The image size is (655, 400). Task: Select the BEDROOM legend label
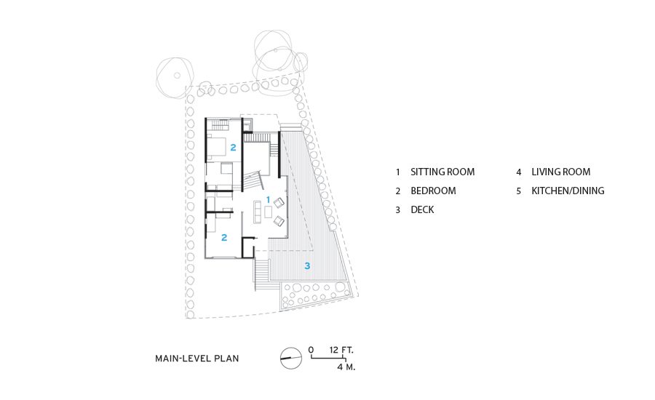[x=433, y=191]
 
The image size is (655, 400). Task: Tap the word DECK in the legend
[x=422, y=209]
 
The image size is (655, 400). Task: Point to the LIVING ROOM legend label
[x=560, y=172]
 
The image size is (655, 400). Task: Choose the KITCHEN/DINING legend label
[x=568, y=191]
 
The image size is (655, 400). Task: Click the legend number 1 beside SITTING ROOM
[x=397, y=172]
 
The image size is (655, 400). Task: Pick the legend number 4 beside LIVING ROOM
[x=519, y=172]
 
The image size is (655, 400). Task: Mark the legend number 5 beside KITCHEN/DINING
[x=519, y=191]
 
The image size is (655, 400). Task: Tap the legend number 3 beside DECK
[x=397, y=210]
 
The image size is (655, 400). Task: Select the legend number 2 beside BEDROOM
[x=397, y=191]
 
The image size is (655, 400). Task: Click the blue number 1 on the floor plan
[x=268, y=200]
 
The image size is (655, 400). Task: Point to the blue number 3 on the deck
[x=307, y=265]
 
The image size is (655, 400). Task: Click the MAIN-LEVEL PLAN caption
[x=196, y=359]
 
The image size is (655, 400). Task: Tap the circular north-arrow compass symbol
[x=290, y=359]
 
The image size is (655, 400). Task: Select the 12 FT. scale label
[x=341, y=350]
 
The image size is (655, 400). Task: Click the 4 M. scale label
[x=346, y=367]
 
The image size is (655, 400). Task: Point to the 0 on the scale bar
[x=311, y=350]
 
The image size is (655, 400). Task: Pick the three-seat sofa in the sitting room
[x=258, y=212]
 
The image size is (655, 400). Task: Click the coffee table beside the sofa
[x=268, y=212]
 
